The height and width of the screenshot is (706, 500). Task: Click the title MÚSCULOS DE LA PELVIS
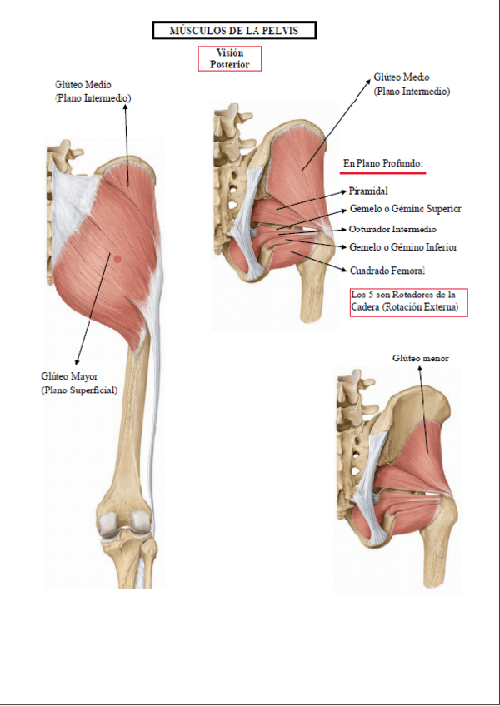coord(233,32)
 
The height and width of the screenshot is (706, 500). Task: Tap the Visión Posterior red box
coord(229,58)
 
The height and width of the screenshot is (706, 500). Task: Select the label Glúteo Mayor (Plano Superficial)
coord(79,382)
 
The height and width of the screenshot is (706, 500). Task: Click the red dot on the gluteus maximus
coord(117,259)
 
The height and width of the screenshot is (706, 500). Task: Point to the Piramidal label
coord(368,191)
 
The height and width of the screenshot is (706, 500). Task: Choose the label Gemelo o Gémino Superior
coord(405,210)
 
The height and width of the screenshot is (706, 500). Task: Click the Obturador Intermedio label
coord(392,229)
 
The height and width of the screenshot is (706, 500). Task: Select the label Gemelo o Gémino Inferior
coord(402,247)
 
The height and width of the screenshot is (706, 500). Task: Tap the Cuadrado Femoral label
coord(387,271)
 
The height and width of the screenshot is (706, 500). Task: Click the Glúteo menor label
coord(420,358)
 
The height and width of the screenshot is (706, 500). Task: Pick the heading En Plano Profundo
coord(383,163)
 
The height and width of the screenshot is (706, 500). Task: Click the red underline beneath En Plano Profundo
coord(384,173)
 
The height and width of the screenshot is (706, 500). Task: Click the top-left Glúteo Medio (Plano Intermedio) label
coord(92,91)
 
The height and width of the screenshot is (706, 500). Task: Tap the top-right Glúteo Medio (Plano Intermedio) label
coord(412,84)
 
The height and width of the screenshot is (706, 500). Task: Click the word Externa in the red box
coord(441,307)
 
